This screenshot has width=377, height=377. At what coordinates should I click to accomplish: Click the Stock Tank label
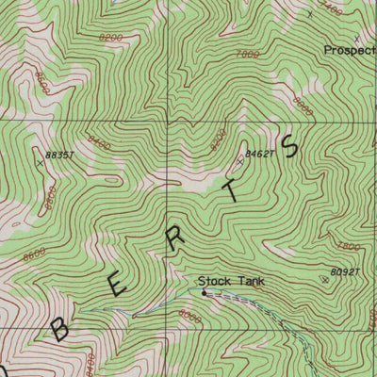pyautogui.click(x=231, y=280)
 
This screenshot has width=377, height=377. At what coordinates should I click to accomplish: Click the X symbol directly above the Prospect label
pyautogui.click(x=355, y=38)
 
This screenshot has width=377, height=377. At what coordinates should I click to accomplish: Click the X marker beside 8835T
pyautogui.click(x=39, y=162)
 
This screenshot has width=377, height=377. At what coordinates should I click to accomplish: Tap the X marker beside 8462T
pyautogui.click(x=239, y=162)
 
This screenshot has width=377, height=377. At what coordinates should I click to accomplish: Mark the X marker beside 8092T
pyautogui.click(x=325, y=280)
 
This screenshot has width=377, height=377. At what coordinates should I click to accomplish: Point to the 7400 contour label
pyautogui.click(x=331, y=9)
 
